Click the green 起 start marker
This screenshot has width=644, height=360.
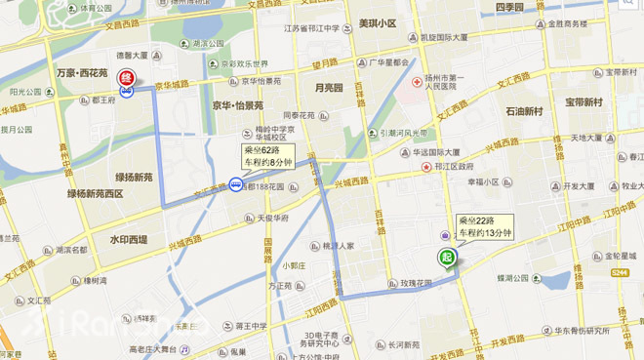(x=446, y=259)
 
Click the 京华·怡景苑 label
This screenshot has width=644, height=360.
(x=238, y=105)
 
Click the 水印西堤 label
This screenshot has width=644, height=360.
(x=128, y=239)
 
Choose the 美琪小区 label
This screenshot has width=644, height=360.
(x=378, y=23)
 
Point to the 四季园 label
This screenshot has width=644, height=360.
(x=509, y=8)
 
